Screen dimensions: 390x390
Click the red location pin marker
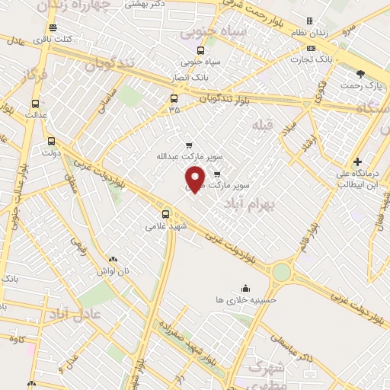click(x=195, y=178)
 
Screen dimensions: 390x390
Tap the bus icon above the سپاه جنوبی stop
click(x=200, y=50)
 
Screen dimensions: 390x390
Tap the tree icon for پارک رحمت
click(x=360, y=73)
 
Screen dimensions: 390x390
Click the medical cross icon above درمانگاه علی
click(x=356, y=162)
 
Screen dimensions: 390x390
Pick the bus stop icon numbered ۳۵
click(x=174, y=99)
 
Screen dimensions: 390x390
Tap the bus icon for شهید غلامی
click(x=167, y=214)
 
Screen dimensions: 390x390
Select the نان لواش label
click(x=113, y=271)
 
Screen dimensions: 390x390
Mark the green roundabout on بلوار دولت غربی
click(x=282, y=271)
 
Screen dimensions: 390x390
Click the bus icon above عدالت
click(x=34, y=104)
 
